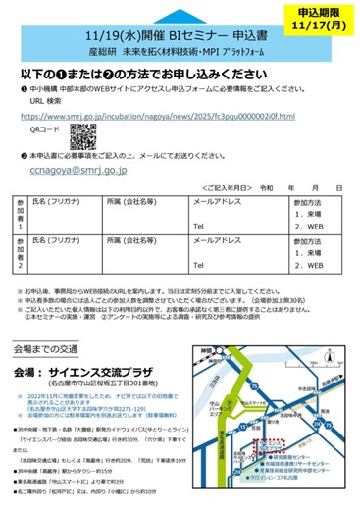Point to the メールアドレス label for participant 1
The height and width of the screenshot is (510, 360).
tap(215, 201)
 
